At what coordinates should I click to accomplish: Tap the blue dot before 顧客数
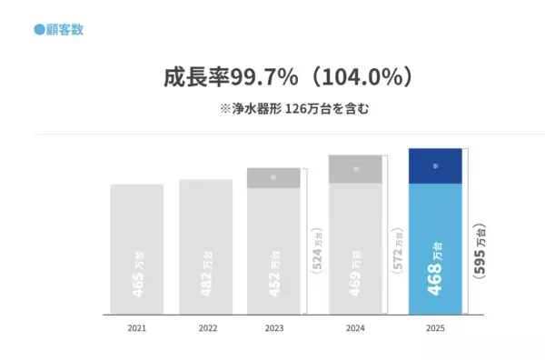[x=39, y=30]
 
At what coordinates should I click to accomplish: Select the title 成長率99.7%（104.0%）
[x=282, y=77]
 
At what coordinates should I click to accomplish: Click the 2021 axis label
[x=136, y=327]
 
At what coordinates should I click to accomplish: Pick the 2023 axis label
[x=273, y=327]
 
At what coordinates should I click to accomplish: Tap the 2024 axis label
[x=355, y=327]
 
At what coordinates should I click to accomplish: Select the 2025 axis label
[x=436, y=327]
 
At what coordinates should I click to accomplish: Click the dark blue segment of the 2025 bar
[x=436, y=166]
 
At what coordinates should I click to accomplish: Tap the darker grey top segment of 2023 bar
[x=273, y=177]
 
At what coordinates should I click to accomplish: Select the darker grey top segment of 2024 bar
[x=355, y=169]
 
